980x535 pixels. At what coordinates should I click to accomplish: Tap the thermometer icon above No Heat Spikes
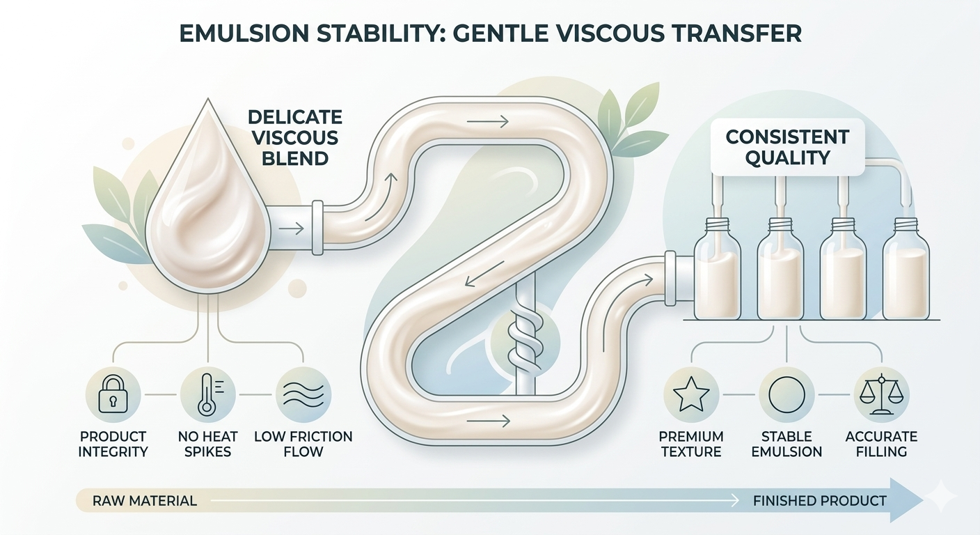coord(208,395)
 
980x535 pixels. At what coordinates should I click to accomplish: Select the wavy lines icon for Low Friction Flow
coord(303,395)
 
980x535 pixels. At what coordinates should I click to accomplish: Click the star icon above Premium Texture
coord(691,395)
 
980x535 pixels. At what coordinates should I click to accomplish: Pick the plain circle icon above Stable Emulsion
coord(787,395)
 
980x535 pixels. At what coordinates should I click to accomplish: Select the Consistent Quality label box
coord(787,147)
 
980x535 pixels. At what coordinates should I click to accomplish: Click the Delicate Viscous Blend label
coord(295,137)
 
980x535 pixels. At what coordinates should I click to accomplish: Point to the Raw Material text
coord(144,501)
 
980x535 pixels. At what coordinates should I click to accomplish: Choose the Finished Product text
coord(820,501)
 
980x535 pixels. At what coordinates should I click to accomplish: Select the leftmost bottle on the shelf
coord(717,269)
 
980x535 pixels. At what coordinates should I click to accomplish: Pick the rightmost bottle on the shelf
coord(906,269)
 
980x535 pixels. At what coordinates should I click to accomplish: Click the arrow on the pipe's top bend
coord(488,122)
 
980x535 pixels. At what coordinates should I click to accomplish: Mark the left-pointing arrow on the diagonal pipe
coord(484,274)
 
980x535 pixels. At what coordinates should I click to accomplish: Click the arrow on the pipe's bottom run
coord(489,421)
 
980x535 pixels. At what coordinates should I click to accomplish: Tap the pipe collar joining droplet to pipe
coord(317,228)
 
